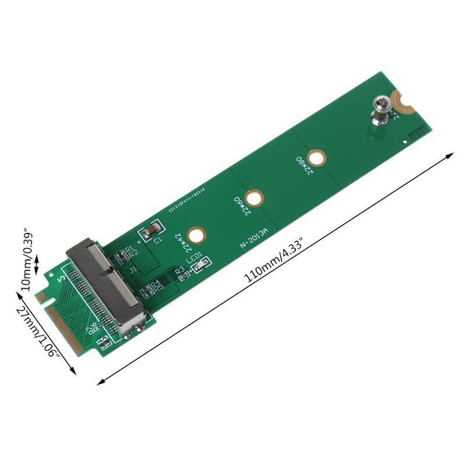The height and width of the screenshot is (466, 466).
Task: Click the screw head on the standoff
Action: coord(380,102)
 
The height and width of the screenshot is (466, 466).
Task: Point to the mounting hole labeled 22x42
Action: coord(198,236)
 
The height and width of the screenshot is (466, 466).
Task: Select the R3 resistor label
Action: coord(179,270)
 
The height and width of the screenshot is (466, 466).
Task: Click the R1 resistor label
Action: coord(128,251)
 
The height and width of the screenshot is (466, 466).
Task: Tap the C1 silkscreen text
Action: coord(157,241)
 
